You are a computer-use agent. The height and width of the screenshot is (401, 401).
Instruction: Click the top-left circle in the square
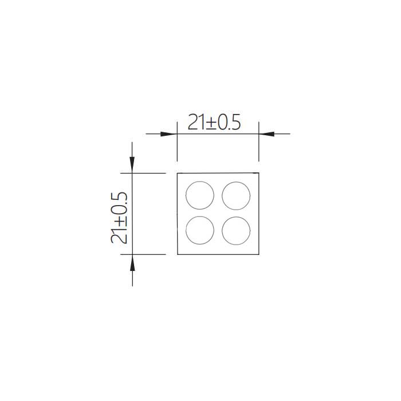coord(200,195)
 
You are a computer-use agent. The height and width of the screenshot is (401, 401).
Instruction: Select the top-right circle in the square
coord(236,195)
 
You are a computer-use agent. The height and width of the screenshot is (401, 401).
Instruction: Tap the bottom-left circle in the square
coord(200,230)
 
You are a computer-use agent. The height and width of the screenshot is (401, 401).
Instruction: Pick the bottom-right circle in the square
coord(236,230)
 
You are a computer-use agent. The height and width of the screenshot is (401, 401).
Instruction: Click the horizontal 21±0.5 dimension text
coord(215,123)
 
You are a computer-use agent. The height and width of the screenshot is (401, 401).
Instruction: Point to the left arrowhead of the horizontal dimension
coord(167,134)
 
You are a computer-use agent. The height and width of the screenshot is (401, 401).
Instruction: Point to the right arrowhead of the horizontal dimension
coord(268,134)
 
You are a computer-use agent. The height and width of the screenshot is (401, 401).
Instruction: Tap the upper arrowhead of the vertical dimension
coord(132,165)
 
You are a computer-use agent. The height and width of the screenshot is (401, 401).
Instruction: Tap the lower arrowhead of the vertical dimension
coord(132,262)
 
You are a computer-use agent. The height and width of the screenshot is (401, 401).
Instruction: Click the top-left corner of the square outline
coord(178,172)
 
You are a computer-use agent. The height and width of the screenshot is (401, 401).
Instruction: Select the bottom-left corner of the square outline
coord(178,254)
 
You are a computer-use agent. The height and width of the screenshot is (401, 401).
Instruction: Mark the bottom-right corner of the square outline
coord(260,254)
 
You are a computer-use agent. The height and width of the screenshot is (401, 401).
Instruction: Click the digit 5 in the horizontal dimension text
coord(235,123)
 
